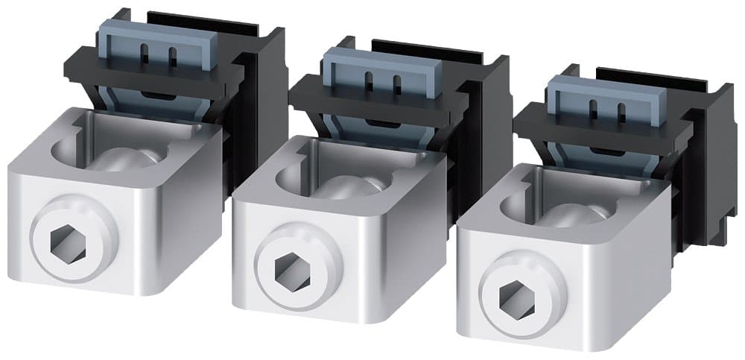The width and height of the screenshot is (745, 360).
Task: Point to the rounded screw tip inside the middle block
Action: [355, 186]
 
